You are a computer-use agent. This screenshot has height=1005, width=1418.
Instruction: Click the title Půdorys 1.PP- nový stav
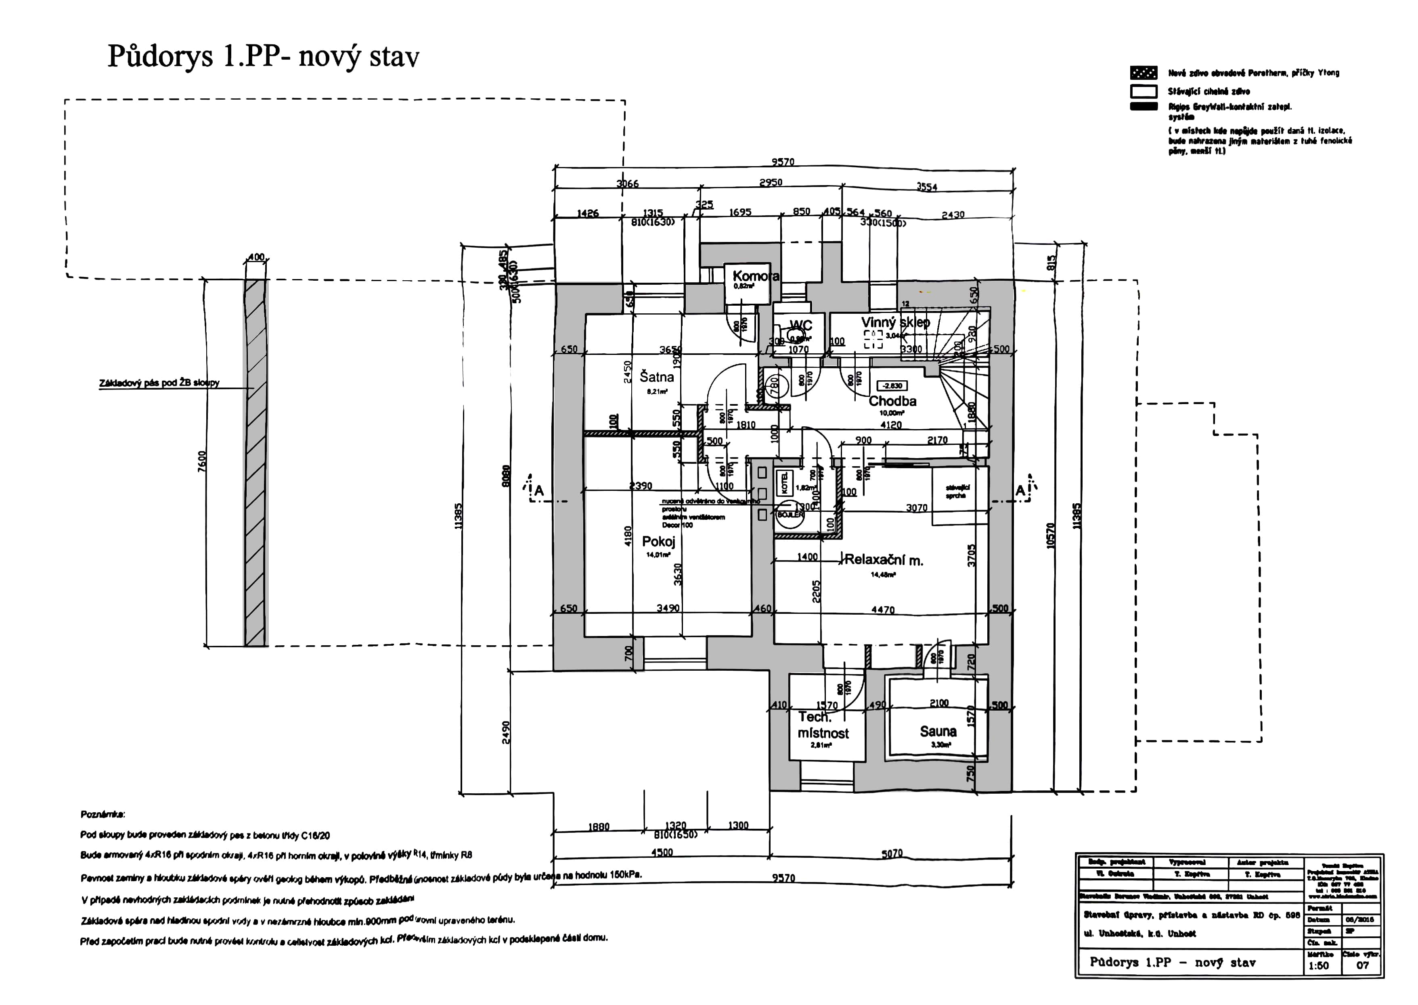click(263, 56)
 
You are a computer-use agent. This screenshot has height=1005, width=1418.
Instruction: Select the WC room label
click(801, 325)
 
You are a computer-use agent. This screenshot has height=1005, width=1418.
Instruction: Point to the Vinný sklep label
click(895, 322)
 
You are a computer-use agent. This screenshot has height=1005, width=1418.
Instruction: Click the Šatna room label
click(656, 377)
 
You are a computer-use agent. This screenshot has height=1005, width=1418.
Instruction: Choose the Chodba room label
click(892, 401)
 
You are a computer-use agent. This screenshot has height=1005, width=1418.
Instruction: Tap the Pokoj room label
click(658, 542)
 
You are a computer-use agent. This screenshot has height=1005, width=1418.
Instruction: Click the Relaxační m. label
click(884, 560)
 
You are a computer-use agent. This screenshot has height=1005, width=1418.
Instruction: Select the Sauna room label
click(938, 732)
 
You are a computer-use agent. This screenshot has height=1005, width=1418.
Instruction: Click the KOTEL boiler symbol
click(785, 483)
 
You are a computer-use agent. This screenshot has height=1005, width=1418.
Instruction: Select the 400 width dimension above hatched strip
click(256, 257)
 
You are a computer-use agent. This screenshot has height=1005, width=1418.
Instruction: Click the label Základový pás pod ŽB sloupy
click(159, 383)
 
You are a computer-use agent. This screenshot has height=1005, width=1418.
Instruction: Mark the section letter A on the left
click(539, 491)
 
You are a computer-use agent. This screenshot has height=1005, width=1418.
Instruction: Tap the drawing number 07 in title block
click(1362, 965)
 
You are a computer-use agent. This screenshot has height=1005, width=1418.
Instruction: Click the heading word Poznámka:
click(102, 814)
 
